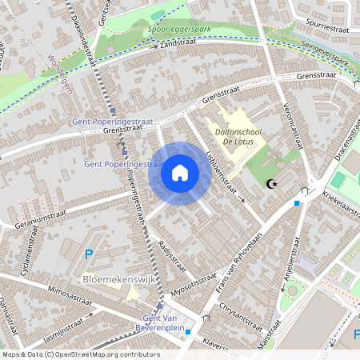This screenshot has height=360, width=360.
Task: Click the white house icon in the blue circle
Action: (x=180, y=173)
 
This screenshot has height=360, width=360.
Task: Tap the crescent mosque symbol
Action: (x=273, y=184)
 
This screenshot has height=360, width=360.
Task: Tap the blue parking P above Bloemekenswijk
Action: (x=88, y=256)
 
